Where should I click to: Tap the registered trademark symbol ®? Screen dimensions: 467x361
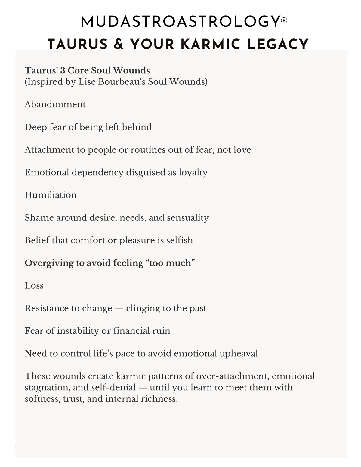[284, 21]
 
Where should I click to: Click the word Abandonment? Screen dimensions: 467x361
[55, 104]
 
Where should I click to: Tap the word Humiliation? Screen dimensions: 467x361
[51, 195]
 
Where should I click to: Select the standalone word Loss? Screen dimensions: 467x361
[34, 285]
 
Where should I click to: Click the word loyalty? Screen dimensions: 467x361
[193, 172]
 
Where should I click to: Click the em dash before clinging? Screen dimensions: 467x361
[119, 309]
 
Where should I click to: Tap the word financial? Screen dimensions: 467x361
[131, 331]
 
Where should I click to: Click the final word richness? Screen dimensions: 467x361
[162, 399]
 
